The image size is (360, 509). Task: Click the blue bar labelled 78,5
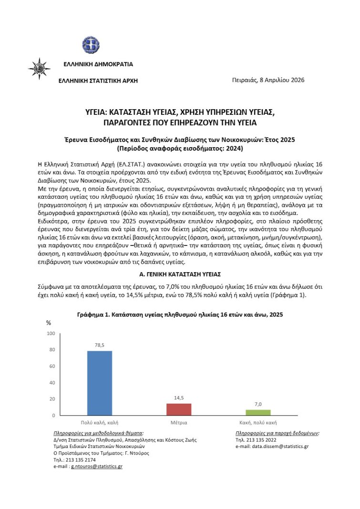pos(99,383)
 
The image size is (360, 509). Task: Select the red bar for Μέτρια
pos(178,409)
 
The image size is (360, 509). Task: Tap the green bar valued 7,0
pos(258,412)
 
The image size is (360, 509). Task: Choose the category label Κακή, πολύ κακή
pos(257,423)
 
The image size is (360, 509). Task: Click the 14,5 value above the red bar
pos(178,398)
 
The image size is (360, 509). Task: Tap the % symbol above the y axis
pos(48,323)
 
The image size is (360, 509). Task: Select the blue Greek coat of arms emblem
pos(90,46)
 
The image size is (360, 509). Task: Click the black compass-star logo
pos(39,68)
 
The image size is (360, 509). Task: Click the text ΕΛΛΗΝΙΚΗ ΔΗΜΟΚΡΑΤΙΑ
pos(98,64)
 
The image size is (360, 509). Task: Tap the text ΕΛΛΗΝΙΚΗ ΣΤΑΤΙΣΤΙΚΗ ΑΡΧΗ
pos(98,81)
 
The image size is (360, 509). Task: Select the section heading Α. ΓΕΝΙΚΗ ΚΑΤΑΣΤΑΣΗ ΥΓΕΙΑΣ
pos(180,275)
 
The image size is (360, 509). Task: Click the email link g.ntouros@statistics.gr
pos(97,467)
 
